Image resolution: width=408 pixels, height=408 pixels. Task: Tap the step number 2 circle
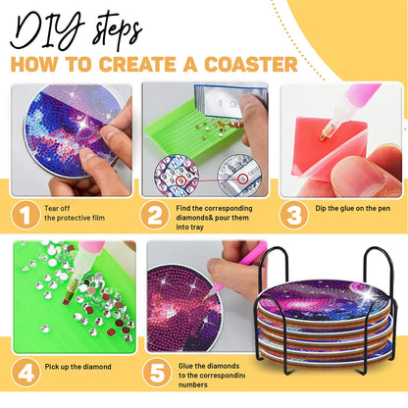pyautogui.click(x=155, y=213)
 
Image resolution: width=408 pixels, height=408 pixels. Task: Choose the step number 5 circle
pyautogui.click(x=155, y=373)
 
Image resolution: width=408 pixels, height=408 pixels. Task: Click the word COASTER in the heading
pyautogui.click(x=247, y=65)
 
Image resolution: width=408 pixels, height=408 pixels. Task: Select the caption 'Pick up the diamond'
pyautogui.click(x=79, y=367)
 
